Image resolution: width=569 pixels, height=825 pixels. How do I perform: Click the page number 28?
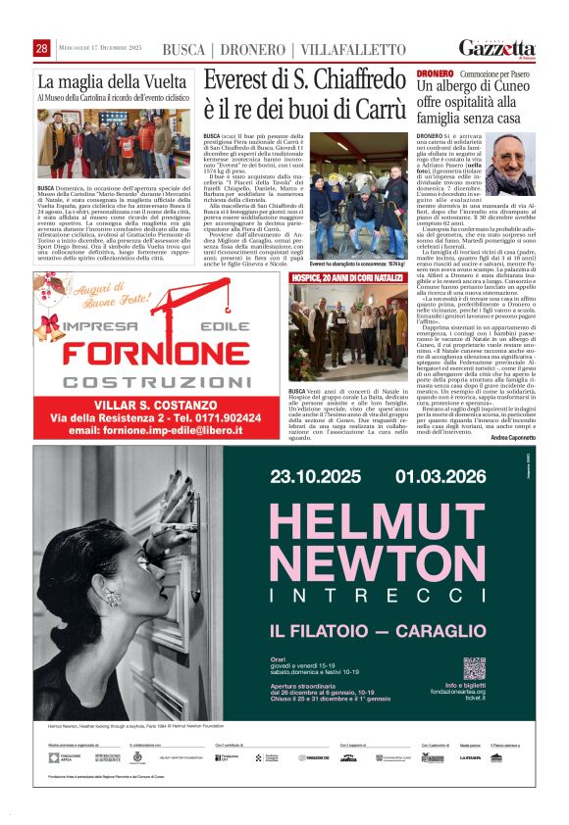pyautogui.click(x=41, y=48)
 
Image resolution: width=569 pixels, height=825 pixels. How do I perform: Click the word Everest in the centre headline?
pyautogui.click(x=245, y=82)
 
